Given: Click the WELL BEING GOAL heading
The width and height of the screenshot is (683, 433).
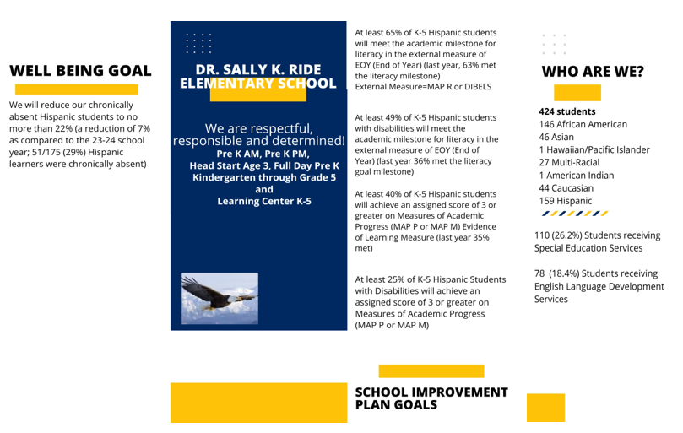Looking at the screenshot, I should (80, 71).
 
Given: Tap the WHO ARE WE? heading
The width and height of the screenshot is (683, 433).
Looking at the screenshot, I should (592, 72).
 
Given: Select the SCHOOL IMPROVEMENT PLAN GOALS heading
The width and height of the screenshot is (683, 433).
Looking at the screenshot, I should (431, 398).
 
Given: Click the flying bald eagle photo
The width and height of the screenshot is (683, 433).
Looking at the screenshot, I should (220, 298).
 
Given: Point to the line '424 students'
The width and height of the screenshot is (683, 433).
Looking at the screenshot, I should (566, 111).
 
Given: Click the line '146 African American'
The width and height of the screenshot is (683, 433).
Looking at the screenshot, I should (583, 124).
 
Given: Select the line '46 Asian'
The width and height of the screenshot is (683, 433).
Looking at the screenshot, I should (556, 137).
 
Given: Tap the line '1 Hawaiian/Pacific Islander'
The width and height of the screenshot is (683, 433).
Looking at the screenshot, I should (594, 149).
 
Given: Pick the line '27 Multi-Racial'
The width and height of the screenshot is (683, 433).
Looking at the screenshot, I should (569, 162).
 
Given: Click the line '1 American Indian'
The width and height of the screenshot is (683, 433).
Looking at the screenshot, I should (576, 176).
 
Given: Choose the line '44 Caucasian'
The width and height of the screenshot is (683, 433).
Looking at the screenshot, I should (566, 188).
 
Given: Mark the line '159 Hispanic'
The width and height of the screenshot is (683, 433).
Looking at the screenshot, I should (565, 201).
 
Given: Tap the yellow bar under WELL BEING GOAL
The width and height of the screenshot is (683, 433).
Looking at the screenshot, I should (77, 89).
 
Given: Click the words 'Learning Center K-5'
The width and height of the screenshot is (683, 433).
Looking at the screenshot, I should (263, 201).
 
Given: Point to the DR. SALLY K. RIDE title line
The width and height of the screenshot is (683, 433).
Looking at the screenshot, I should (258, 69).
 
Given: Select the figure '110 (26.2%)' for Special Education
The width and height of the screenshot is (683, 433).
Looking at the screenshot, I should (562, 235).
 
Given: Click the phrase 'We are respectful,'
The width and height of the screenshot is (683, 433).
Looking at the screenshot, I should (258, 128).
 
